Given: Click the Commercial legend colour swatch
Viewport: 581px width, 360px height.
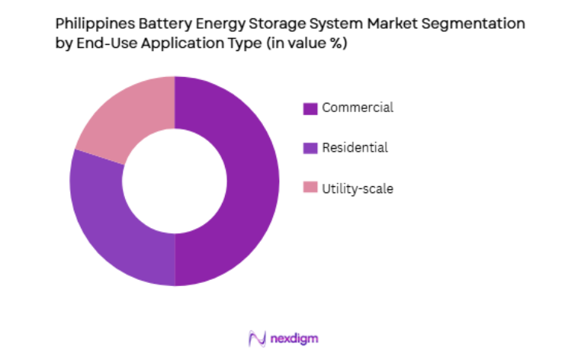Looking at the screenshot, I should point(310,108).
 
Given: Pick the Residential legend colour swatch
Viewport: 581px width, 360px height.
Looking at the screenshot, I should point(310,149).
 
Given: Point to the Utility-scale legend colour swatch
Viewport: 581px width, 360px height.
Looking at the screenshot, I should point(310,188).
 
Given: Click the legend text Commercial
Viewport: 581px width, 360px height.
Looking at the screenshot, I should point(358,108).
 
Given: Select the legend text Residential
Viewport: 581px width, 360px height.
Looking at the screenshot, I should point(355,148).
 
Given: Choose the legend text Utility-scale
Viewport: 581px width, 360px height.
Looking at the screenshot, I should point(358,188).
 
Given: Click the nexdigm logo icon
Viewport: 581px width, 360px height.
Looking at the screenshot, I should point(256,338).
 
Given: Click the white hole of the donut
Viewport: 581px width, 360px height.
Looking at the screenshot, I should point(175,181).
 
